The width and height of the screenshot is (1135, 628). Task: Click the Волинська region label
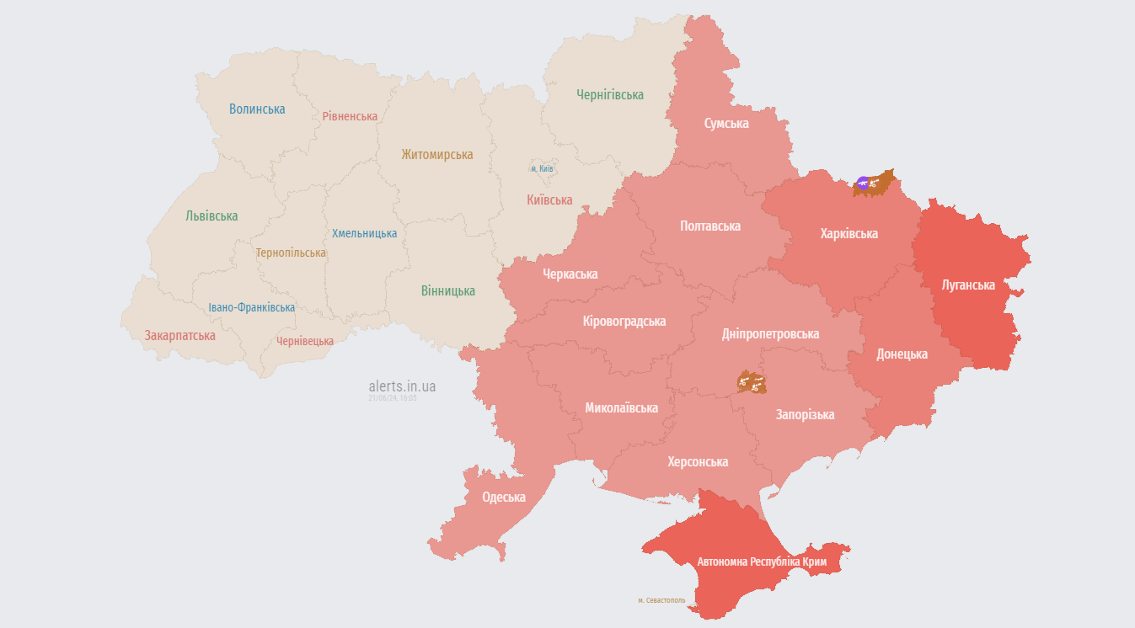[257, 109]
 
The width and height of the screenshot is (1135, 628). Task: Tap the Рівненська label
[350, 116]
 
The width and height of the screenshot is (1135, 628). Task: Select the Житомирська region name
[436, 154]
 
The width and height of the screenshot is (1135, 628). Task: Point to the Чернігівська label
[610, 95]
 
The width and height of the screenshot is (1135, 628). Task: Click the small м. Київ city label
[542, 168]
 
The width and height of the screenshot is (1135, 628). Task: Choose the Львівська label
[211, 216]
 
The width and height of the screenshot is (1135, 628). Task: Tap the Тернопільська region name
[291, 253]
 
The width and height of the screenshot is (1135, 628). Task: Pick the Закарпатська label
[179, 335]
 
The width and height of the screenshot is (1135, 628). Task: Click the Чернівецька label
[305, 341]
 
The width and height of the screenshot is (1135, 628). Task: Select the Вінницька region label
[447, 290]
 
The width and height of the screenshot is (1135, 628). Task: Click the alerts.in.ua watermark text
[402, 386]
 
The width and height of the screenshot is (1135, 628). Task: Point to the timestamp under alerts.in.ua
[393, 397]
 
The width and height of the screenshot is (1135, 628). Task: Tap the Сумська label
[726, 123]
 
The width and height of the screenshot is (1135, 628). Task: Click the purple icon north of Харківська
[863, 183]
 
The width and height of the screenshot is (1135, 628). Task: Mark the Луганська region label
[968, 285]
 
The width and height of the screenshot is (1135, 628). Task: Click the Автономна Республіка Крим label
[762, 561]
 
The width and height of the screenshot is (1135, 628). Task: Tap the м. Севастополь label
[661, 600]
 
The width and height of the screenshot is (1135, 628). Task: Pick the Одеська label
[504, 497]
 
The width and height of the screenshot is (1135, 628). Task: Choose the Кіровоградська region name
[624, 321]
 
